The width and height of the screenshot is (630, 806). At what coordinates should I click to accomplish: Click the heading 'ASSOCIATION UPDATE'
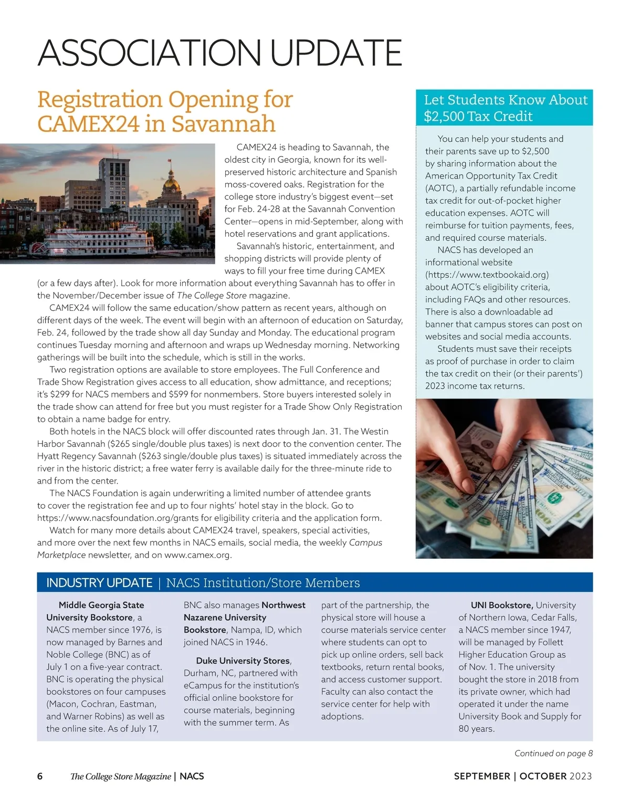[219, 53]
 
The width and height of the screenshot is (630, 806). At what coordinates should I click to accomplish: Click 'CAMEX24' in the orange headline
[88, 124]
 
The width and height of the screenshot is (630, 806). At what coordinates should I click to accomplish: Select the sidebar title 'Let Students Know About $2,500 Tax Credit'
[505, 108]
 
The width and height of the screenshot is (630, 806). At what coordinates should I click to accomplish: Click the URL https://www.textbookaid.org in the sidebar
[487, 275]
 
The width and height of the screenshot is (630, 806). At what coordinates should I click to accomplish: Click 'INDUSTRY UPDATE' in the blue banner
[99, 583]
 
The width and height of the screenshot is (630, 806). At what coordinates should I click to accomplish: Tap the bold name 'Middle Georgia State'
[101, 605]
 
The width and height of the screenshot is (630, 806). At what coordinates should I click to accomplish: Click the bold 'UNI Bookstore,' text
[501, 605]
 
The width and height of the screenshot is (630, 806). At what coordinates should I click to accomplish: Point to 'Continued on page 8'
[553, 753]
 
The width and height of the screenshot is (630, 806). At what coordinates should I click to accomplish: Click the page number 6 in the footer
[40, 777]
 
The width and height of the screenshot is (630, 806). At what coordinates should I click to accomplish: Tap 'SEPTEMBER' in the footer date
[482, 777]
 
